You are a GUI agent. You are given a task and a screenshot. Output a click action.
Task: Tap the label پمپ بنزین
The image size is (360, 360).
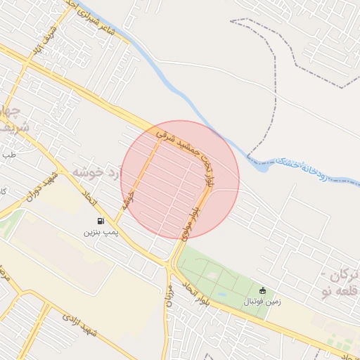point(98,231)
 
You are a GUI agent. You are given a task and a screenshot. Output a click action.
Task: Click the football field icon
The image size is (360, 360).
point(263,290)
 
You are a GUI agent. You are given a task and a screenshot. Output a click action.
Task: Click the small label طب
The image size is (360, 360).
point(8,153)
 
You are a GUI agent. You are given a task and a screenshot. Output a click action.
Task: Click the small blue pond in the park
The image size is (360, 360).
point(223,294)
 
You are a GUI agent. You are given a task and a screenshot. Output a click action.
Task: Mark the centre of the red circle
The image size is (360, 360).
point(180,179)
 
